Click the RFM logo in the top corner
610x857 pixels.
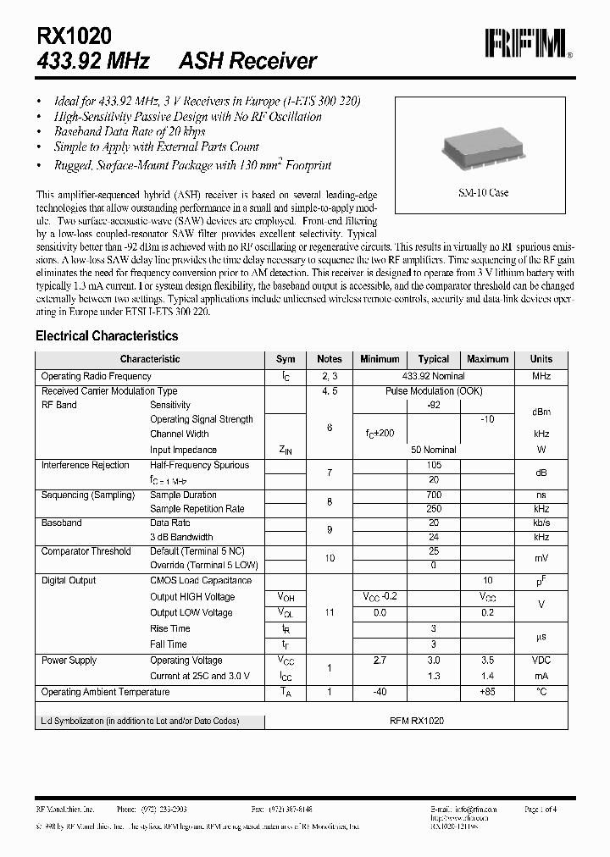[x=524, y=43]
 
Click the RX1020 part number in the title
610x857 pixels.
[x=74, y=35]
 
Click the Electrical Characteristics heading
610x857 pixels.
[x=107, y=336]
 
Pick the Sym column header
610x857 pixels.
[x=286, y=359]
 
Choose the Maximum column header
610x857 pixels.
[x=487, y=359]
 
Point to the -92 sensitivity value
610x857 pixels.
[x=433, y=405]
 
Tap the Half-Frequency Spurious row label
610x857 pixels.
[x=199, y=465]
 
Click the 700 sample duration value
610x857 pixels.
[x=433, y=495]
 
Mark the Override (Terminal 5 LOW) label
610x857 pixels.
[x=204, y=565]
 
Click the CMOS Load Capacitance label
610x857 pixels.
[x=201, y=580]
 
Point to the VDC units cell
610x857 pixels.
[x=541, y=661]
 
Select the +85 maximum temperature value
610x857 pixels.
[x=487, y=692]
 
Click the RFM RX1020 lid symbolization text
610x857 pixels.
[x=416, y=721]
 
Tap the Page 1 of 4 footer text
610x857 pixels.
[x=541, y=810]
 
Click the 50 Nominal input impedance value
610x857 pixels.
[x=433, y=450]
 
